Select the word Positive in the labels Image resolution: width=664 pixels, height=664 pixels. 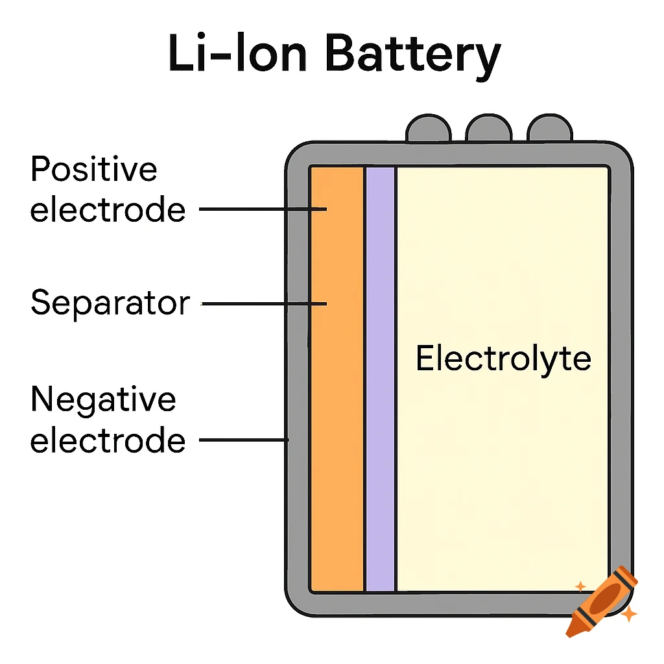94,171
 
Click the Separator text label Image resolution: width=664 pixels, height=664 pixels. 110,303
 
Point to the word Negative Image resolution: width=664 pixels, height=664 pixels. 103,399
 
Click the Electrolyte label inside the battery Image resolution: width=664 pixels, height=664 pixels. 503,359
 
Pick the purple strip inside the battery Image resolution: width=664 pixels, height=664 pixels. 381,389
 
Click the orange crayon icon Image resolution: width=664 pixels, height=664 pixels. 602,600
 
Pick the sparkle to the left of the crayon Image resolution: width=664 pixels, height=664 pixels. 580,586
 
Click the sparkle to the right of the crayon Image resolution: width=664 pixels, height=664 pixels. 628,613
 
